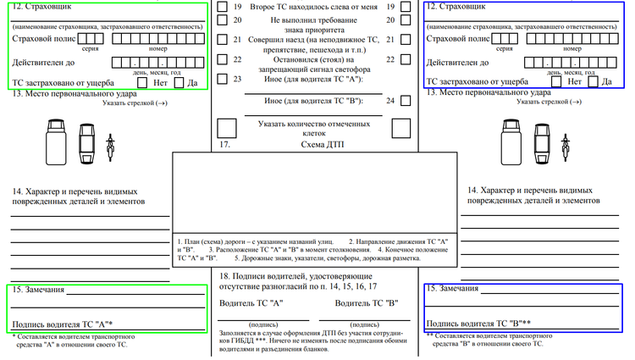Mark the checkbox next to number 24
[x=406, y=101]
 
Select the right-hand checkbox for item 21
[x=406, y=40]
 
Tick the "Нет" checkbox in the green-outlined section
[x=141, y=83]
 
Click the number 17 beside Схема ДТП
[x=224, y=145]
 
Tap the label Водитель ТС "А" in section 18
[x=251, y=303]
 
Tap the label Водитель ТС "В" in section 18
[x=367, y=303]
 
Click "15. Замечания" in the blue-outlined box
[x=453, y=289]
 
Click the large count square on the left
[x=227, y=128]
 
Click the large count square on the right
[x=402, y=128]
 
